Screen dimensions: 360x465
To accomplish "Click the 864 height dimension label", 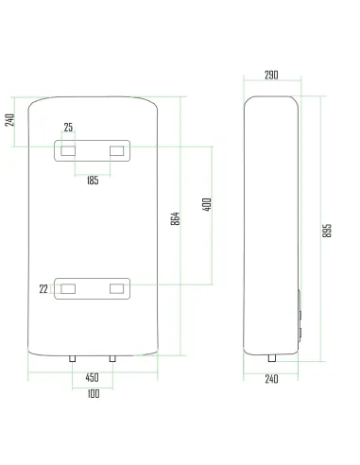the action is coord(176,218).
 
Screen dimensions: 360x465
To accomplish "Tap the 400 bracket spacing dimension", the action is coord(207,204).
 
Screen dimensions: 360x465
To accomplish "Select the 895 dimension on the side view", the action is coord(327,231).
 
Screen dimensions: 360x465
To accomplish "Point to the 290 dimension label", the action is coord(271,75).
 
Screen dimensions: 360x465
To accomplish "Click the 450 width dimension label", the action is coord(92,377).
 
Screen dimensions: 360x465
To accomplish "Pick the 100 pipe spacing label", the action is coord(94,393).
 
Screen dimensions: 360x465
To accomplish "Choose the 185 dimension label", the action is coord(93,181).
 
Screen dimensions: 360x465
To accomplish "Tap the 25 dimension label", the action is coord(68,128).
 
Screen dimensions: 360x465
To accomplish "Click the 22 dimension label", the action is coord(43,289).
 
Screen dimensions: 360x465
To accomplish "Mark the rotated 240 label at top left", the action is coord(9,120).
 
